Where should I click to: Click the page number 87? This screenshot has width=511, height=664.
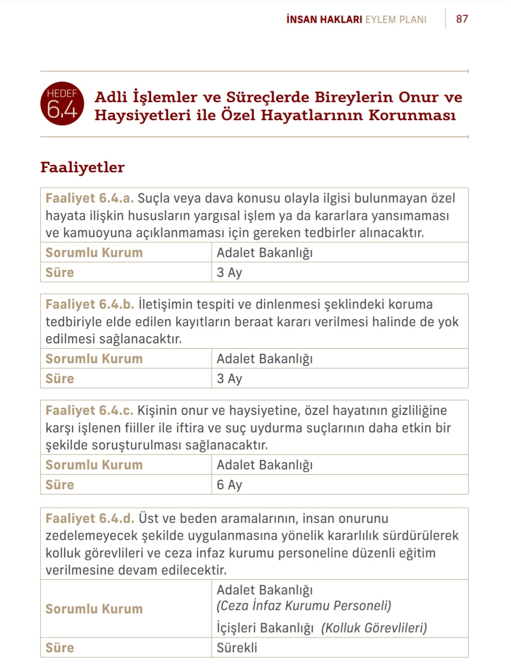[x=462, y=19]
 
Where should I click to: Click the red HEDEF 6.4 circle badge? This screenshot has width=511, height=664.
[x=62, y=104]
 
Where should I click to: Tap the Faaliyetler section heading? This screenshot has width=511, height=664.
[x=82, y=167]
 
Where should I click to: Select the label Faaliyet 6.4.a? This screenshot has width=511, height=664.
[x=89, y=198]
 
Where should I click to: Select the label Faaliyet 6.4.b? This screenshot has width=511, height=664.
[x=90, y=304]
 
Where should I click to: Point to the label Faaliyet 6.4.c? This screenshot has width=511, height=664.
[x=89, y=410]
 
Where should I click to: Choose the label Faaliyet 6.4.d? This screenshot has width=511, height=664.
[x=90, y=518]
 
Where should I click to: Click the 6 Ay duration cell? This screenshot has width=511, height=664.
[x=229, y=485]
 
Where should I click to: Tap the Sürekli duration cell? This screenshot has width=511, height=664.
[x=237, y=647]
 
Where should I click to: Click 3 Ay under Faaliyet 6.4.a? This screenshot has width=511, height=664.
[x=229, y=272]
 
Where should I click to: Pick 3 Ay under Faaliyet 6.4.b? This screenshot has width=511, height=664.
[x=229, y=378]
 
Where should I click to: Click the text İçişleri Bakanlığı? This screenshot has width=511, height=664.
[x=265, y=628]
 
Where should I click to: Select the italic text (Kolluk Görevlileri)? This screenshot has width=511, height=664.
[x=374, y=628]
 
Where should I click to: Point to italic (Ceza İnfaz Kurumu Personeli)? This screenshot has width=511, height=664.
[x=304, y=606]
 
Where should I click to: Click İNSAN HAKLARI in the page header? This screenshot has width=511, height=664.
[x=324, y=19]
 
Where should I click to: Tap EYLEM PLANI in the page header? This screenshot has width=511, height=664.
[x=396, y=19]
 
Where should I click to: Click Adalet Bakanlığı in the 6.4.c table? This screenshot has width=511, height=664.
[x=264, y=465]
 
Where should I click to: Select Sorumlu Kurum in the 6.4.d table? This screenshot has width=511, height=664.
[x=94, y=609]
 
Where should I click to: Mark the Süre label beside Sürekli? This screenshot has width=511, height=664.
[x=60, y=647]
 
